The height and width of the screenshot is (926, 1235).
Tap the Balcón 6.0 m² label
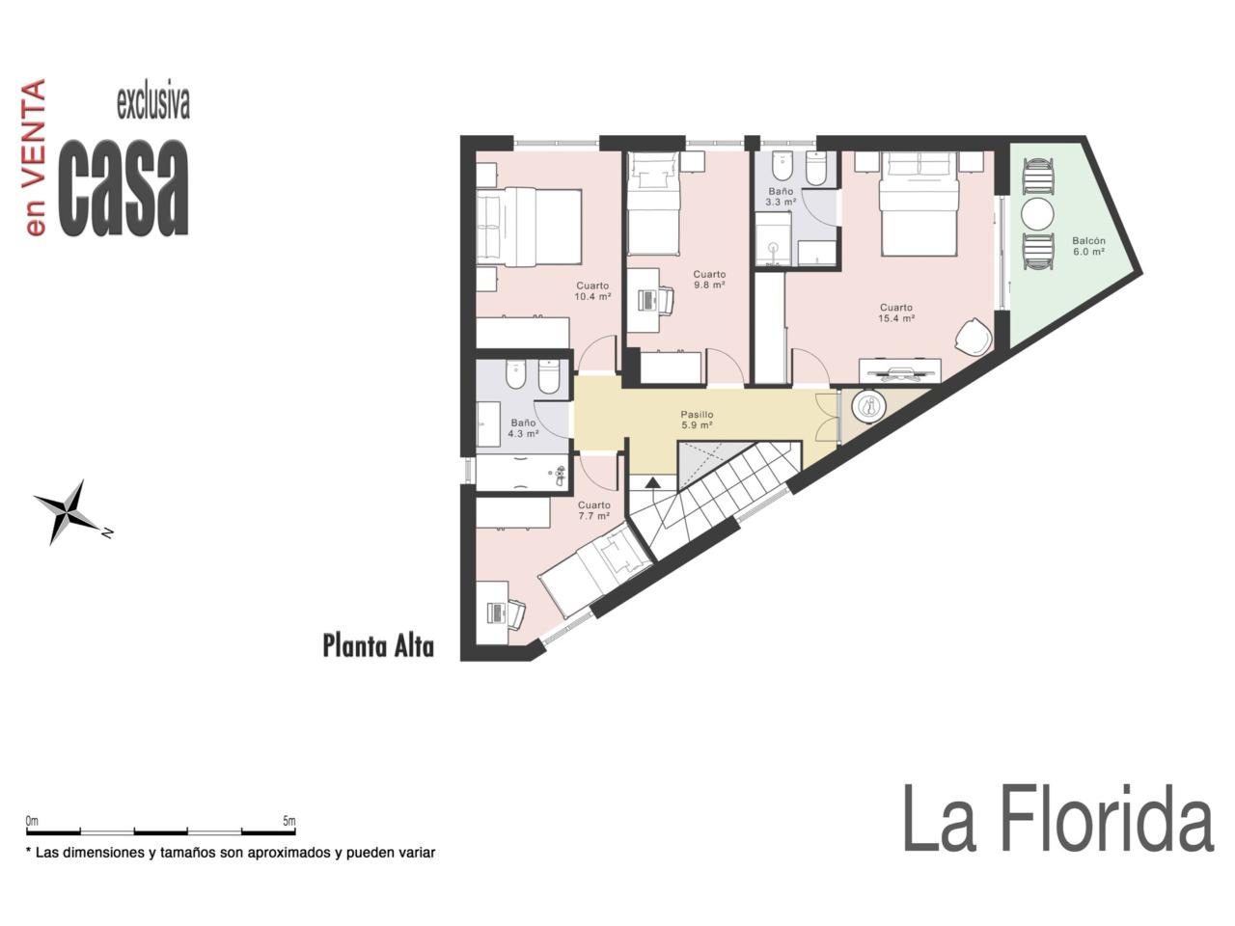tap(1088, 246)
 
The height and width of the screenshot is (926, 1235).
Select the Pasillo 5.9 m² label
tap(698, 420)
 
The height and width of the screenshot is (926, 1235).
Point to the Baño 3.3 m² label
tap(781, 197)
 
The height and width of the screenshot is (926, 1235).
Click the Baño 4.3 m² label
tap(523, 428)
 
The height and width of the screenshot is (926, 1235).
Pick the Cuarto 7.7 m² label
tap(593, 510)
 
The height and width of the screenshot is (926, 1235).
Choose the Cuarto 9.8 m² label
tap(709, 280)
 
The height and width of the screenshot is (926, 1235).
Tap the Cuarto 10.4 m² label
tap(592, 291)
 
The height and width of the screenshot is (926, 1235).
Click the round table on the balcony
tap(1037, 214)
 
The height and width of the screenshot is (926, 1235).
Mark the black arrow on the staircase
tap(652, 482)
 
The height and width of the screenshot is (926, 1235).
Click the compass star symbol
tap(69, 511)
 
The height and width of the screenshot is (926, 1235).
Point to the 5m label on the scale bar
tap(288, 821)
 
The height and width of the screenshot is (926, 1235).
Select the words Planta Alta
tap(378, 646)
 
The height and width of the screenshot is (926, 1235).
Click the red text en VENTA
tap(36, 157)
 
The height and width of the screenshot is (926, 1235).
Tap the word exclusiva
tap(153, 103)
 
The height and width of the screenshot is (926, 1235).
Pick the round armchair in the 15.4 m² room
tap(974, 337)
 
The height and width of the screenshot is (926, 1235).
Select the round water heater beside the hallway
tap(868, 404)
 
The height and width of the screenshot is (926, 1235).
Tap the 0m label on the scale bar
tap(32, 821)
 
